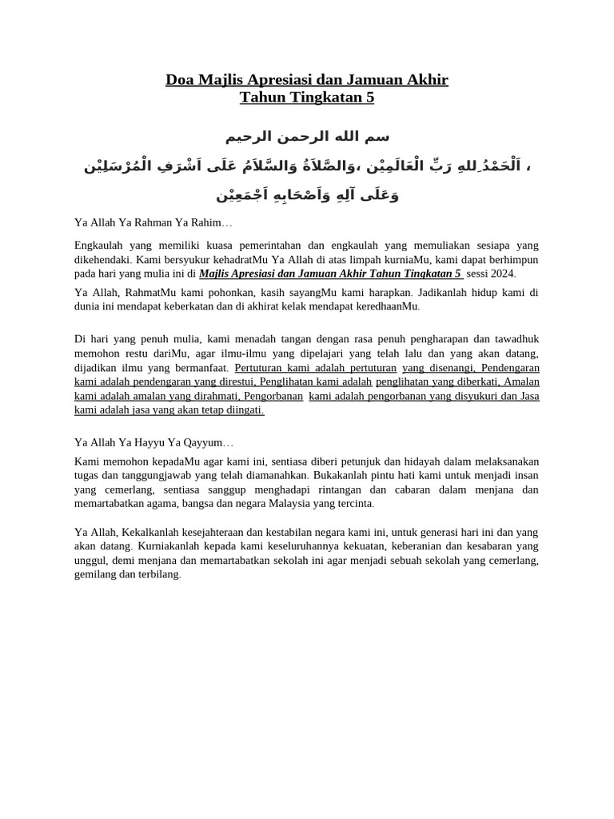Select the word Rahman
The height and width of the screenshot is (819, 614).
(x=143, y=222)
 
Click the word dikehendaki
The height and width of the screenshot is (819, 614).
(x=103, y=260)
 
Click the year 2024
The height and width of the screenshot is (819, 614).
(x=502, y=274)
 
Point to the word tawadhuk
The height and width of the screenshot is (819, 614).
(x=514, y=339)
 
